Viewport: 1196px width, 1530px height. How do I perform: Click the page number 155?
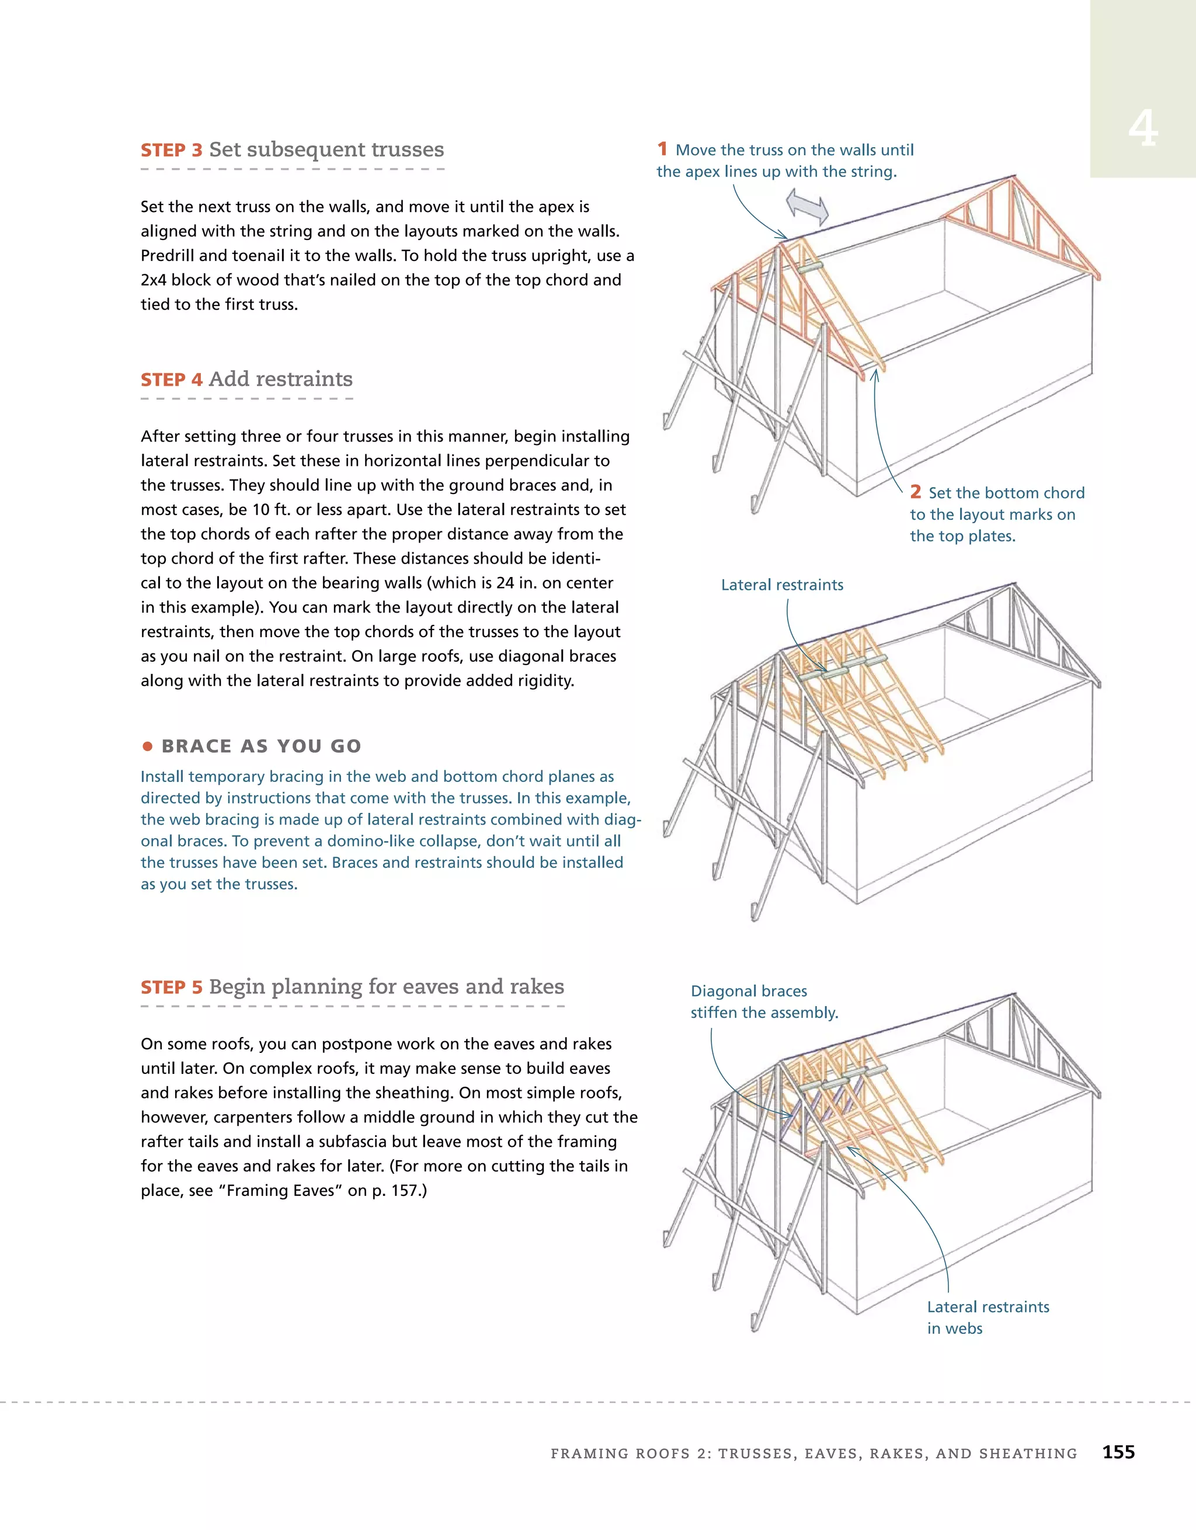tap(1118, 1452)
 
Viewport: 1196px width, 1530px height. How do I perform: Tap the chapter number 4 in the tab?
tap(1142, 129)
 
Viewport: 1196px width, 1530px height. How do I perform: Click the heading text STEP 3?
tap(171, 150)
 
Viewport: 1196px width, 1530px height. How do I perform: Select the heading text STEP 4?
tap(171, 380)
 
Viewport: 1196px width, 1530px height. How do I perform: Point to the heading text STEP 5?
tap(171, 987)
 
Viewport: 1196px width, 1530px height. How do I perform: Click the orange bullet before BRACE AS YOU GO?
tap(147, 746)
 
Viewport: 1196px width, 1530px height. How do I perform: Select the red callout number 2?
tap(915, 492)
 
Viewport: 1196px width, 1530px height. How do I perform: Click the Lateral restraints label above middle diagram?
tap(782, 585)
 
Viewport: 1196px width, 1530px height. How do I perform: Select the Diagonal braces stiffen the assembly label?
tap(764, 1002)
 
